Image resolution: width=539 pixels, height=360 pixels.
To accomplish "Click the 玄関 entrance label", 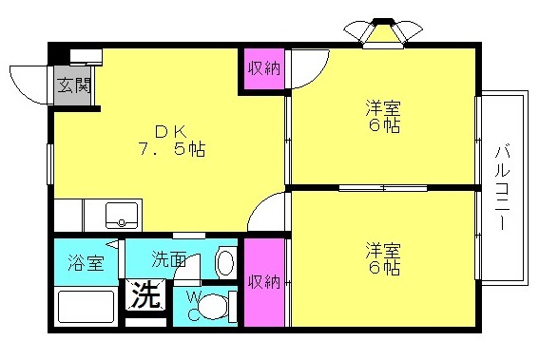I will [x=72, y=84].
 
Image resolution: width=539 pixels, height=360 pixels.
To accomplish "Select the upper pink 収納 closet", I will [x=263, y=69].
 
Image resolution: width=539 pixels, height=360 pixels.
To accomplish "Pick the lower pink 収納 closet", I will [x=263, y=281].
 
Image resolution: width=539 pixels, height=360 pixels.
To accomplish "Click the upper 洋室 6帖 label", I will [x=383, y=116].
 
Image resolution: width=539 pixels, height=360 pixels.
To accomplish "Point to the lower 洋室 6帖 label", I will [x=383, y=258].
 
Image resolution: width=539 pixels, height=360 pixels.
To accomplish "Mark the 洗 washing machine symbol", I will [x=144, y=294].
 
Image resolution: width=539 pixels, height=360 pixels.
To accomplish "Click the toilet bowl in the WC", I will [x=219, y=306].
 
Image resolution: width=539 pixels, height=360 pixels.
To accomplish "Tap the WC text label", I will [x=193, y=305].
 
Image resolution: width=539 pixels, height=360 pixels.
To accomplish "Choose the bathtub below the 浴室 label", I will [x=84, y=306].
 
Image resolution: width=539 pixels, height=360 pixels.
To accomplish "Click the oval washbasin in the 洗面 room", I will [x=225, y=260].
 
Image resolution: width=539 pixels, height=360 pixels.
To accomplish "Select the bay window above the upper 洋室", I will [x=385, y=31].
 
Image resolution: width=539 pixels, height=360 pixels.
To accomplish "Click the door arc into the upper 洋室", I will [x=307, y=69].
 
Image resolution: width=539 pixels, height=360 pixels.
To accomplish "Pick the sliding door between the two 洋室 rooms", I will [x=383, y=188].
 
